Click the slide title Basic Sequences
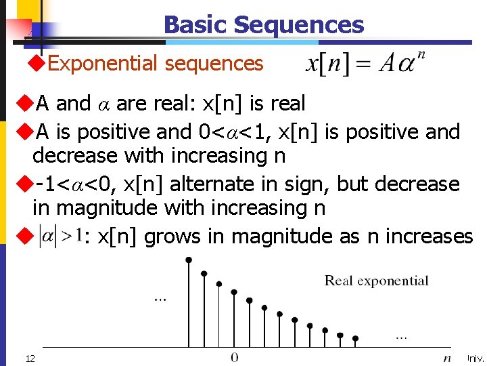pos(263,25)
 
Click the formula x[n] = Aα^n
pos(365,64)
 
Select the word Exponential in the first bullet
pos(104,64)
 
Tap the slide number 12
pos(30,357)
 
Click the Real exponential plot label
pos(376,281)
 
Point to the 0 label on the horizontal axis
pos(234,357)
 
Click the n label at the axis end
pos(447,357)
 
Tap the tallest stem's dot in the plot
pos(189,259)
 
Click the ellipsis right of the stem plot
pos(401,335)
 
